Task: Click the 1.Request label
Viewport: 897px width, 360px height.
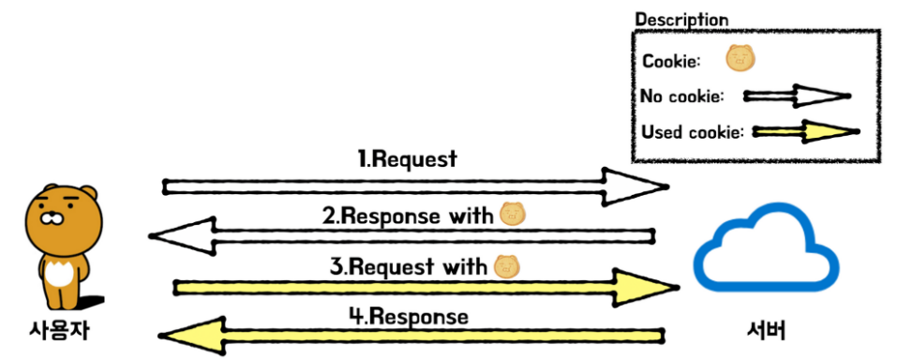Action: click(x=408, y=158)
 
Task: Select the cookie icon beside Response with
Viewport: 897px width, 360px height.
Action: click(x=513, y=215)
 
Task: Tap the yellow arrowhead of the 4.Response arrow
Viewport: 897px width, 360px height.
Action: click(x=190, y=336)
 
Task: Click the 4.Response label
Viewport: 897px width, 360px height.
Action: click(x=409, y=317)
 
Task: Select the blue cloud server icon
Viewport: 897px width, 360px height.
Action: click(x=766, y=247)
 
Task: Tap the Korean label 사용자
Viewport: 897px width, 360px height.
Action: click(x=59, y=331)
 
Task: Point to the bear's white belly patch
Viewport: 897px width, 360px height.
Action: click(x=58, y=274)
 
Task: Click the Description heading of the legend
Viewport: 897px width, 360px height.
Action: click(x=682, y=20)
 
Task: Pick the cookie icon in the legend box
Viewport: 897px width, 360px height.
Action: click(x=741, y=58)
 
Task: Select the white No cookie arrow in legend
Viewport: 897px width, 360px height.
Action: click(x=797, y=97)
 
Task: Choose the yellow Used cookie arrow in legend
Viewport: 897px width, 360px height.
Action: click(x=805, y=132)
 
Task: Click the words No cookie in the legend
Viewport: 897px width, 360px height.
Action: click(x=682, y=97)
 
